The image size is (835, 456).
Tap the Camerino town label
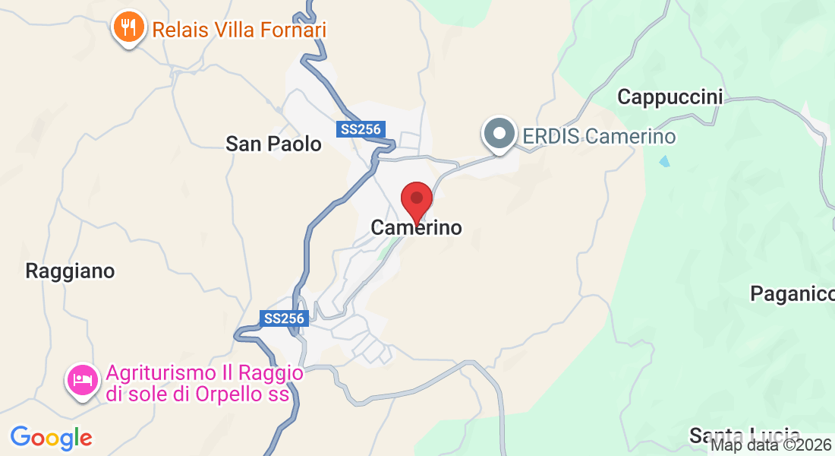416,227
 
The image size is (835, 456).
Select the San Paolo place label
274,144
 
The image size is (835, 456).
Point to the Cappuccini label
670,97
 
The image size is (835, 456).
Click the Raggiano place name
70,271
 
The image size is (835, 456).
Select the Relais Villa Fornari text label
239,30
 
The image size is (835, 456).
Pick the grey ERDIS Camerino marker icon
499,135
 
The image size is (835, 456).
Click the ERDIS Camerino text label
599,137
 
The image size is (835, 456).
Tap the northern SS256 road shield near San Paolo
361,129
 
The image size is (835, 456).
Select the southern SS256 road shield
284,318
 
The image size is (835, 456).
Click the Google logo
51,438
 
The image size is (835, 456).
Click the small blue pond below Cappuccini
665,161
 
